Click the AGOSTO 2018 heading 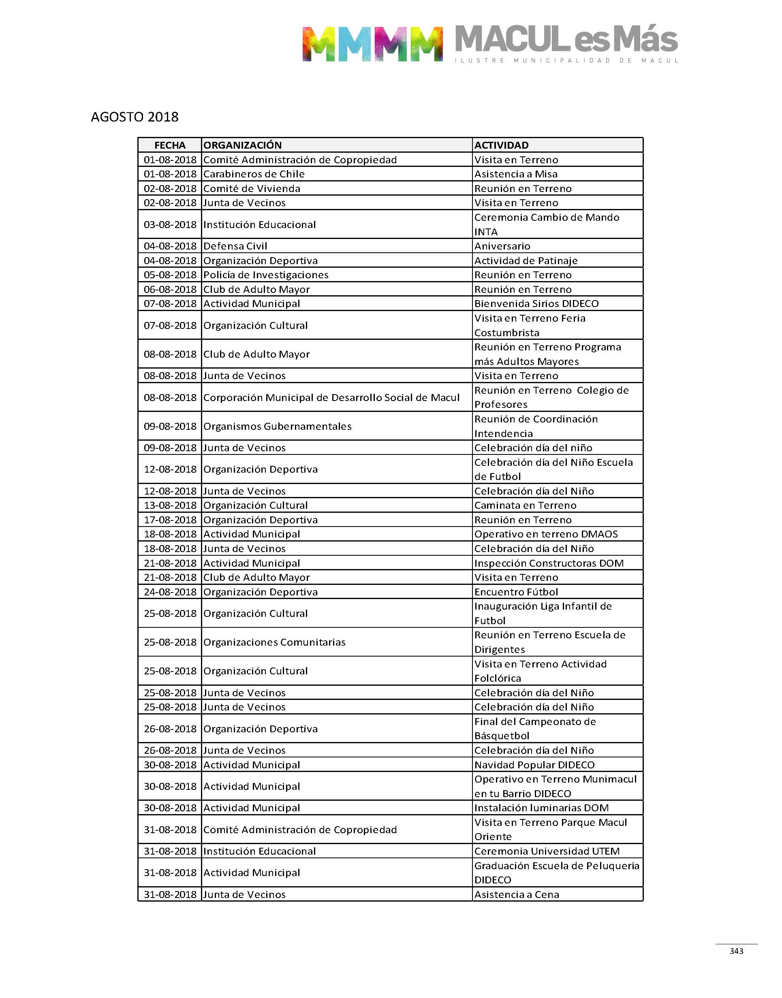click(x=135, y=117)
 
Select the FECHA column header click(x=170, y=145)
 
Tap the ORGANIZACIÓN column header click(x=243, y=145)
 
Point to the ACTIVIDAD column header click(x=501, y=145)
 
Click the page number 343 click(x=736, y=951)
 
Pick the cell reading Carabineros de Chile click(x=254, y=174)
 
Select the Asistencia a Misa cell click(x=516, y=174)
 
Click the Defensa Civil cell click(x=235, y=246)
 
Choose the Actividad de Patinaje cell click(x=526, y=260)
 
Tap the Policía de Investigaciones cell click(x=266, y=275)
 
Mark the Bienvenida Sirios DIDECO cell click(x=536, y=303)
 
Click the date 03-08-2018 click(x=170, y=224)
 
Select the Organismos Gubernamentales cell click(x=278, y=426)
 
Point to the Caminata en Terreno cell click(x=525, y=505)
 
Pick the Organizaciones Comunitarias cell click(x=274, y=642)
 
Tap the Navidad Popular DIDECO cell click(x=534, y=765)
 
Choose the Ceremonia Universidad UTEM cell click(x=547, y=851)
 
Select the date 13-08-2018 click(x=170, y=505)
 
